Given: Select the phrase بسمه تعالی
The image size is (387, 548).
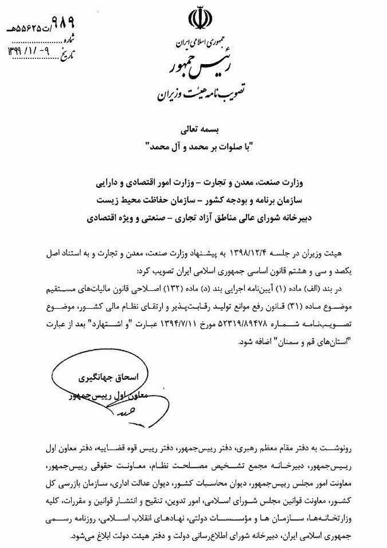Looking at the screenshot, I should click(x=197, y=131).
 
